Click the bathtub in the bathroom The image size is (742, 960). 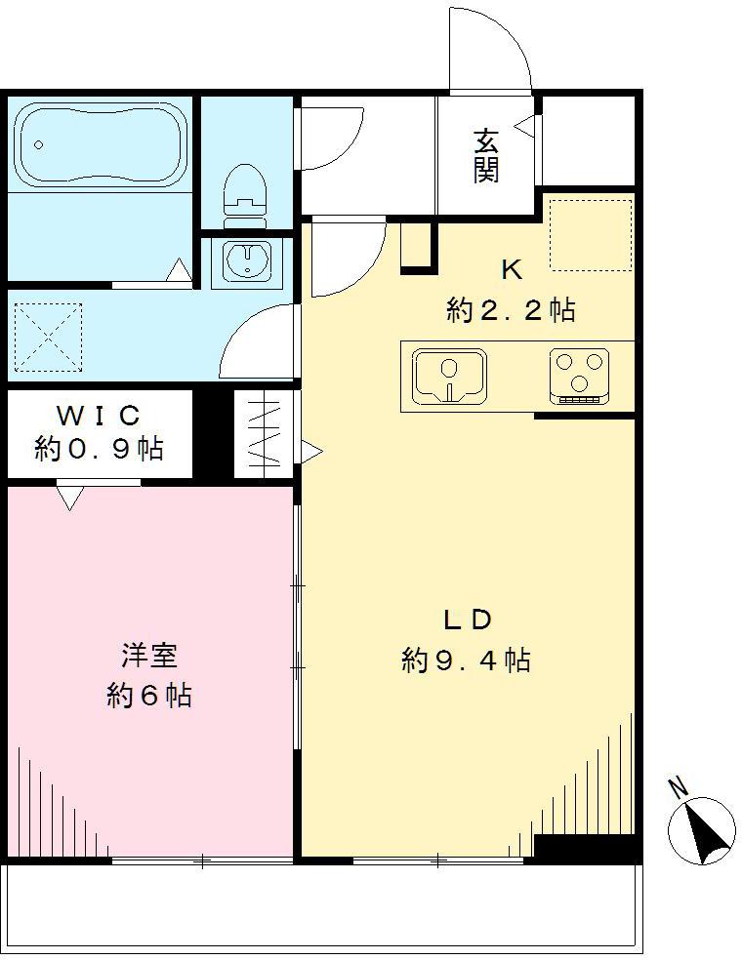tap(103, 144)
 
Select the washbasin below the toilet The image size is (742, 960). tap(248, 260)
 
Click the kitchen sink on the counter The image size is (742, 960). tap(450, 376)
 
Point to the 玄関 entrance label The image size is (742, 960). tap(487, 156)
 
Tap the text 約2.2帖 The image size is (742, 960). tap(511, 310)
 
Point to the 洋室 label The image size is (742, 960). tap(148, 655)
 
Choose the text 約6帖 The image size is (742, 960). tap(148, 696)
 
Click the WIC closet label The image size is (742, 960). tap(99, 415)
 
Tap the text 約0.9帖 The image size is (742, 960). tap(99, 449)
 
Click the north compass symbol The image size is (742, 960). tap(702, 830)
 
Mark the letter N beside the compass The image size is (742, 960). tap(677, 785)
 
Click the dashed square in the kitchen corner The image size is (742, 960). tap(591, 234)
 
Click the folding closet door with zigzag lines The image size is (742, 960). tap(264, 434)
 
